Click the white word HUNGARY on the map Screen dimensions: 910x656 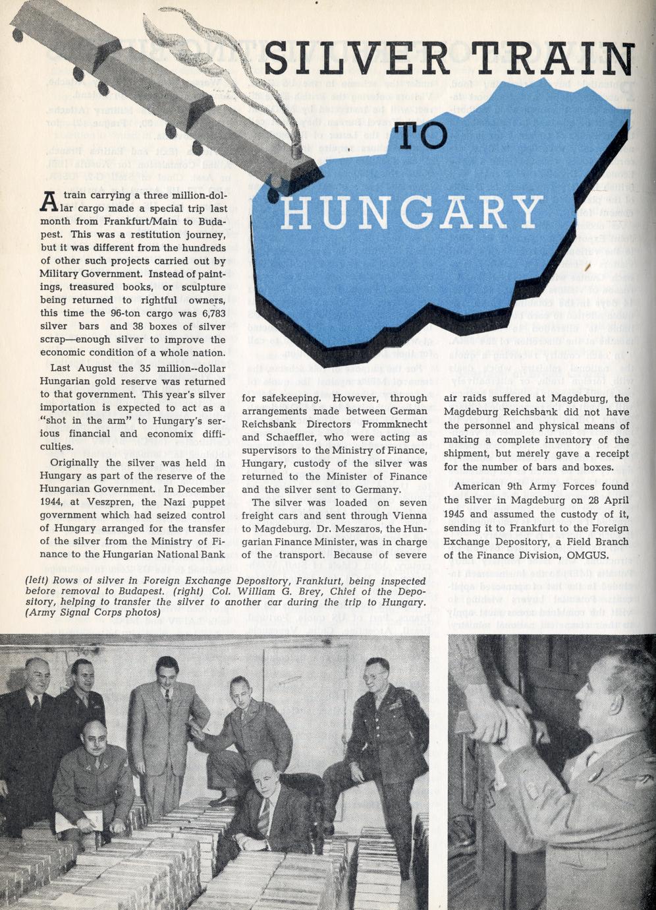pos(412,212)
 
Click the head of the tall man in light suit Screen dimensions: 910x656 pos(167,671)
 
